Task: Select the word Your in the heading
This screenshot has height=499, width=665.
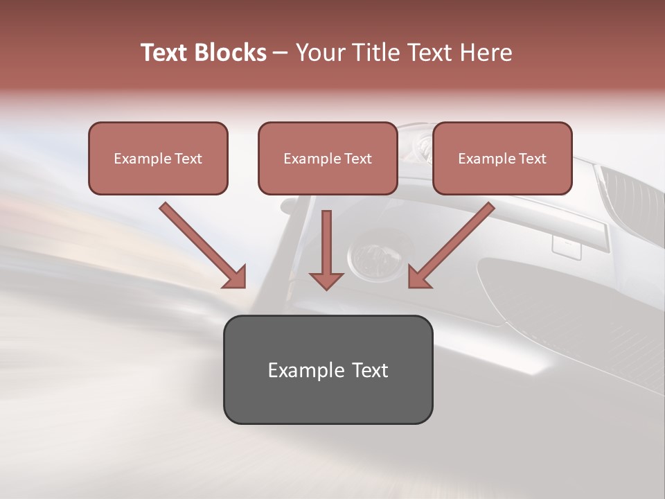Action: click(320, 53)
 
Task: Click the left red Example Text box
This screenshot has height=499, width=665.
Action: click(158, 158)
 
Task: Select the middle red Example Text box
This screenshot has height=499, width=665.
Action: click(328, 158)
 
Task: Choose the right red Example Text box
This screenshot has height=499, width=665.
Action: click(502, 158)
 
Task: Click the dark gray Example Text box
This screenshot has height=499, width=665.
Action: click(328, 369)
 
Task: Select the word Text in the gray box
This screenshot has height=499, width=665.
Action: click(369, 370)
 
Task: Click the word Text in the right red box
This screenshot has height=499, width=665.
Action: click(533, 159)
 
